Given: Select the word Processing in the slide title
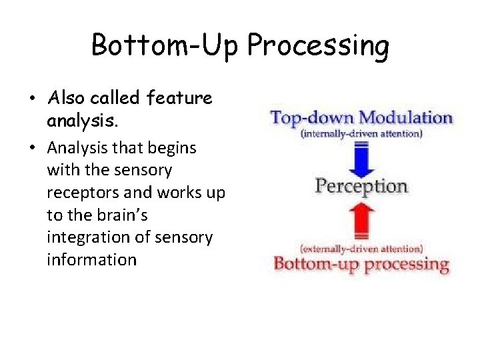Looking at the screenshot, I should pyautogui.click(x=318, y=47).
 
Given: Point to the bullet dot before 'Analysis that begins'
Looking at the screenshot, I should pyautogui.click(x=32, y=147).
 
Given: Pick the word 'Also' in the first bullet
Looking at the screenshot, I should pyautogui.click(x=65, y=99).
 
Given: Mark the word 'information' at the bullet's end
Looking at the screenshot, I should pyautogui.click(x=91, y=259).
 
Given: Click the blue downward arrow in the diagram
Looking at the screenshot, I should pyautogui.click(x=361, y=158).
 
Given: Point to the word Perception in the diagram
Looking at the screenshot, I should pyautogui.click(x=361, y=186).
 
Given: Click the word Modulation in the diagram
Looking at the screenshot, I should pyautogui.click(x=406, y=119).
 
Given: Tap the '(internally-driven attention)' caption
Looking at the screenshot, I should pyautogui.click(x=361, y=134).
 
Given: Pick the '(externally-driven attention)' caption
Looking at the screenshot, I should pyautogui.click(x=361, y=249).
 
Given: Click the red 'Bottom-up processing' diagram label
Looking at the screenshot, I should pyautogui.click(x=361, y=263).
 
